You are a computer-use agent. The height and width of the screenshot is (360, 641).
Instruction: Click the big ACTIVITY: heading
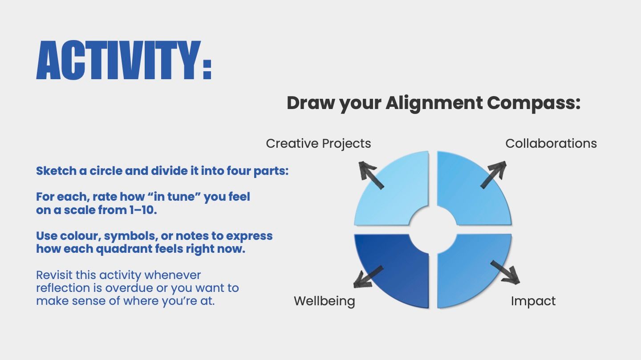124,60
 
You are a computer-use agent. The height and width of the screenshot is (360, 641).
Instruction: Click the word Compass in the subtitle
534,103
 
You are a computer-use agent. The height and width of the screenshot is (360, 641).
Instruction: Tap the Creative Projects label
318,144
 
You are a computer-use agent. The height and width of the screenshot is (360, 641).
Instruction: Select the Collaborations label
551,143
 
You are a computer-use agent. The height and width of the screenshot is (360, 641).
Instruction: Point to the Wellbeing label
324,301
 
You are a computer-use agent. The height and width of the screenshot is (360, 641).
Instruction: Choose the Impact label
533,301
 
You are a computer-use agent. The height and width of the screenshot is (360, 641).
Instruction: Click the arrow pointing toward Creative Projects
371,175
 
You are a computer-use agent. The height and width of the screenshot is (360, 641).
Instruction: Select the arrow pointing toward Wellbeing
368,277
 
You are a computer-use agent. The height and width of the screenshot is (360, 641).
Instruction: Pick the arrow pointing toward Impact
505,272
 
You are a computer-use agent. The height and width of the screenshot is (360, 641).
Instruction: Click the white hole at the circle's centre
433,230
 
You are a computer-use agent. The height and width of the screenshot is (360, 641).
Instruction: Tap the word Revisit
54,275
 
